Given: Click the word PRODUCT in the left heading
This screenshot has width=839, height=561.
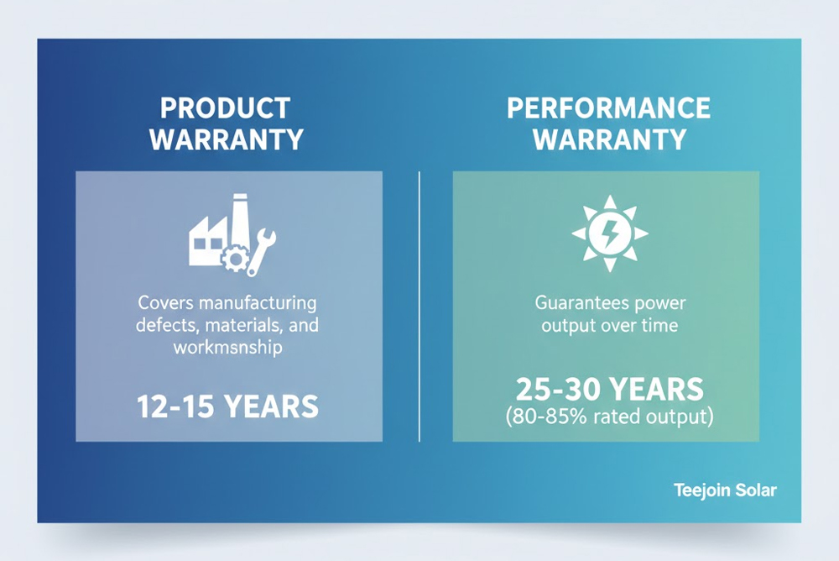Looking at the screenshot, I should click(225, 109).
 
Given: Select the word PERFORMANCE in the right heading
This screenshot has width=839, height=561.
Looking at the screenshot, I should click(608, 108).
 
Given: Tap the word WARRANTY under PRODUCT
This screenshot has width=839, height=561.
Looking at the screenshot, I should click(226, 139).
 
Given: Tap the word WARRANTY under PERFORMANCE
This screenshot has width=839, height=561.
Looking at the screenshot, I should click(608, 139).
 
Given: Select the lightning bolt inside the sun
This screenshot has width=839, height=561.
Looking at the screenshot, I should click(609, 233).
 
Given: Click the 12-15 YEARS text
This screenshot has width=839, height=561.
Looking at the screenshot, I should click(227, 406).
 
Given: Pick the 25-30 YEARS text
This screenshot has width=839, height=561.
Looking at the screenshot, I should click(608, 390).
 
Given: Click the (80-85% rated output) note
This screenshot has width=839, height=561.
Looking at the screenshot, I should click(608, 417).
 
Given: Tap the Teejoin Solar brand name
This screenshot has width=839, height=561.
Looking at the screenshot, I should click(725, 490).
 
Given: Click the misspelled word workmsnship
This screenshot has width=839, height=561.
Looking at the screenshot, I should click(227, 347).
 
